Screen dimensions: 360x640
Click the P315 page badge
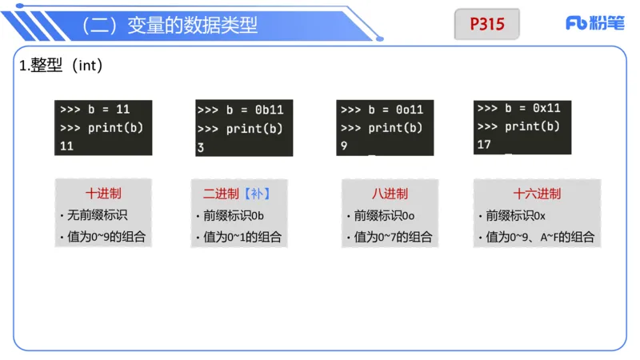tap(486, 24)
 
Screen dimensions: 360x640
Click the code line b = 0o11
tap(382, 110)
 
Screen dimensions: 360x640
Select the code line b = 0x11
tap(518, 108)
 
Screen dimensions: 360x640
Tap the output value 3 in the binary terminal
tap(201, 147)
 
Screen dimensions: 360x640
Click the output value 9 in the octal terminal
tap(344, 146)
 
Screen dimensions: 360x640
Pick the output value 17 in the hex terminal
tap(483, 145)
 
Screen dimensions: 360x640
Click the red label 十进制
tap(103, 194)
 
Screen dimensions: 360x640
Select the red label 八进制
tap(390, 194)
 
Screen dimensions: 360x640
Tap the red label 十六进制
tap(537, 194)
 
